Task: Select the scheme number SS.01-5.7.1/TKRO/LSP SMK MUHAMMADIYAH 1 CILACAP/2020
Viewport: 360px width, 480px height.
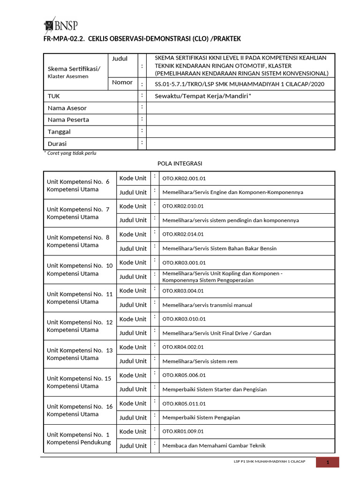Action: [x=239, y=84]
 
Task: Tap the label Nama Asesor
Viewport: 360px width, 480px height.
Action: [x=67, y=108]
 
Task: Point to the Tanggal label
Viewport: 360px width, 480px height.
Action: [x=59, y=132]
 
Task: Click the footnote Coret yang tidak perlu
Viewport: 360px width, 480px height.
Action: [x=70, y=153]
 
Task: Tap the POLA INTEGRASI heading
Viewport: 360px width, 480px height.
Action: [x=180, y=164]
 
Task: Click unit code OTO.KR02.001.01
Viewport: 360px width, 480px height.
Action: [x=184, y=179]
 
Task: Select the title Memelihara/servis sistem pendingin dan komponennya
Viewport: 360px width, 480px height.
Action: [x=230, y=220]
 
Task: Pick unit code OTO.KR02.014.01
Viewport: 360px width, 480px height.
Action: [x=184, y=234]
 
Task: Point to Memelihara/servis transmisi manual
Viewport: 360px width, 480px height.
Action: [x=207, y=305]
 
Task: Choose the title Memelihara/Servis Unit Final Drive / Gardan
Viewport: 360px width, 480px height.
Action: [x=217, y=333]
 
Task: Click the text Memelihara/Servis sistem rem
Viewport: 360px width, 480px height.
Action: [x=200, y=361]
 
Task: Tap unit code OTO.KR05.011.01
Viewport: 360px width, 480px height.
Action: [x=184, y=404]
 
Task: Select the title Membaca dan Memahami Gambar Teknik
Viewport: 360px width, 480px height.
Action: [x=214, y=446]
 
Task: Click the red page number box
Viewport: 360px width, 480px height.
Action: [x=327, y=463]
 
